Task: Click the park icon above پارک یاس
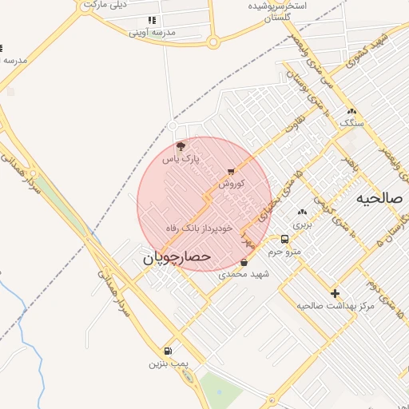[x=181, y=146]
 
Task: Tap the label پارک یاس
[x=180, y=159]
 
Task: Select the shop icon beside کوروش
[x=231, y=171]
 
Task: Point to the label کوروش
[x=231, y=183]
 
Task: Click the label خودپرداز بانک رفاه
[x=199, y=228]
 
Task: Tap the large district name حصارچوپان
[x=177, y=257]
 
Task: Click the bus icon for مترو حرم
[x=285, y=239]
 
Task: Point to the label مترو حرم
[x=285, y=252]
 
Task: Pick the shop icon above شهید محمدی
[x=244, y=262]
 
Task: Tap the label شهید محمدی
[x=244, y=274]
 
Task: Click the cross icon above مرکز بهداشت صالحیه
[x=335, y=293]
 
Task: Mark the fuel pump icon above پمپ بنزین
[x=167, y=351]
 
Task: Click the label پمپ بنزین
[x=167, y=363]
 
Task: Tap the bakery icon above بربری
[x=301, y=212]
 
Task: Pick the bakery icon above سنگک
[x=351, y=111]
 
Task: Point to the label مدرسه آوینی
[x=152, y=33]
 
